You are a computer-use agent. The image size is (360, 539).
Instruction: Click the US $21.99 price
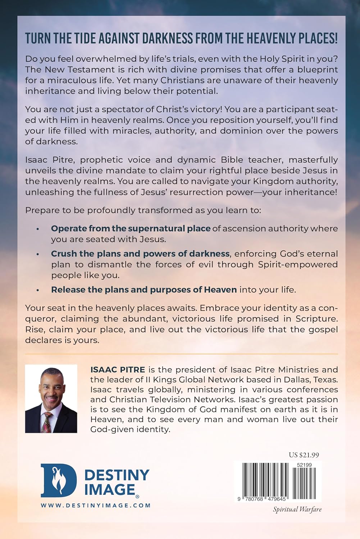tap(304, 455)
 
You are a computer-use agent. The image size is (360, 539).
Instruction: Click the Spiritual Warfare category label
tap(297, 509)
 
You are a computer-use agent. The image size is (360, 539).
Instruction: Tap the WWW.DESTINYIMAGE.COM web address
tap(96, 505)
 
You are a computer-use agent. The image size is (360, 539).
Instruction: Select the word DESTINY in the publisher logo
tap(117, 475)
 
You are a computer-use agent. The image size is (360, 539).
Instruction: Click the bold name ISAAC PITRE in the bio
tap(113, 369)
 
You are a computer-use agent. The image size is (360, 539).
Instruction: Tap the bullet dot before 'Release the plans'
tap(38, 290)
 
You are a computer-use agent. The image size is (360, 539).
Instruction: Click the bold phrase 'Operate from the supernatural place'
tap(131, 229)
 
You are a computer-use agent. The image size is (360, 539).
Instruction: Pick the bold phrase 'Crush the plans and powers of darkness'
tap(140, 254)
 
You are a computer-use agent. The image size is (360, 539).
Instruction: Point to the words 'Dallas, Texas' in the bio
tap(313, 379)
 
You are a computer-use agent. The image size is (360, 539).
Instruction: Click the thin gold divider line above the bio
tap(181, 354)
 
